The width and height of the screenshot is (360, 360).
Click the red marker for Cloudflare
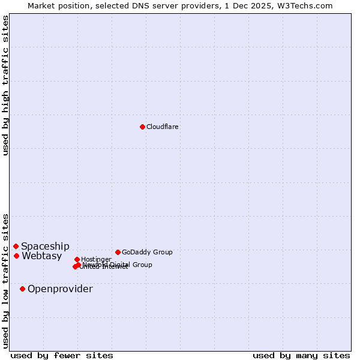[142, 127]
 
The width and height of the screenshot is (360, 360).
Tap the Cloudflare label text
[163, 127]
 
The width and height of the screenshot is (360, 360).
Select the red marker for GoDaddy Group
[118, 252]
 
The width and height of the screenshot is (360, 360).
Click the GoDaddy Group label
[147, 252]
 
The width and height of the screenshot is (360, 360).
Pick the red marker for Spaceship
[16, 246]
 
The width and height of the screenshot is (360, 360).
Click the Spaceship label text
[45, 246]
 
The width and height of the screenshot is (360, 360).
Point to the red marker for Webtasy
[17, 256]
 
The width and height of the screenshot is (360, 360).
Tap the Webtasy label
[42, 256]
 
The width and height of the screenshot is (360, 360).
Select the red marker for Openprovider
[23, 289]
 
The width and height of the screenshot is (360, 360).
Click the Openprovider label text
[60, 289]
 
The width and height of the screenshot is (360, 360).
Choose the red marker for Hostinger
[77, 259]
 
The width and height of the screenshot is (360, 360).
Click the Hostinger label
[96, 259]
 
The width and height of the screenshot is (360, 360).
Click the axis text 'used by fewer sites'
[62, 356]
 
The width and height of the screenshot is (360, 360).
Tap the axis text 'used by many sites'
[301, 356]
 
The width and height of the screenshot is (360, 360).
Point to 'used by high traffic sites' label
[5, 85]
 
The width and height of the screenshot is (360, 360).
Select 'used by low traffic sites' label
[5, 280]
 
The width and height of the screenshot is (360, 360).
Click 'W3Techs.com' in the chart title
[309, 5]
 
